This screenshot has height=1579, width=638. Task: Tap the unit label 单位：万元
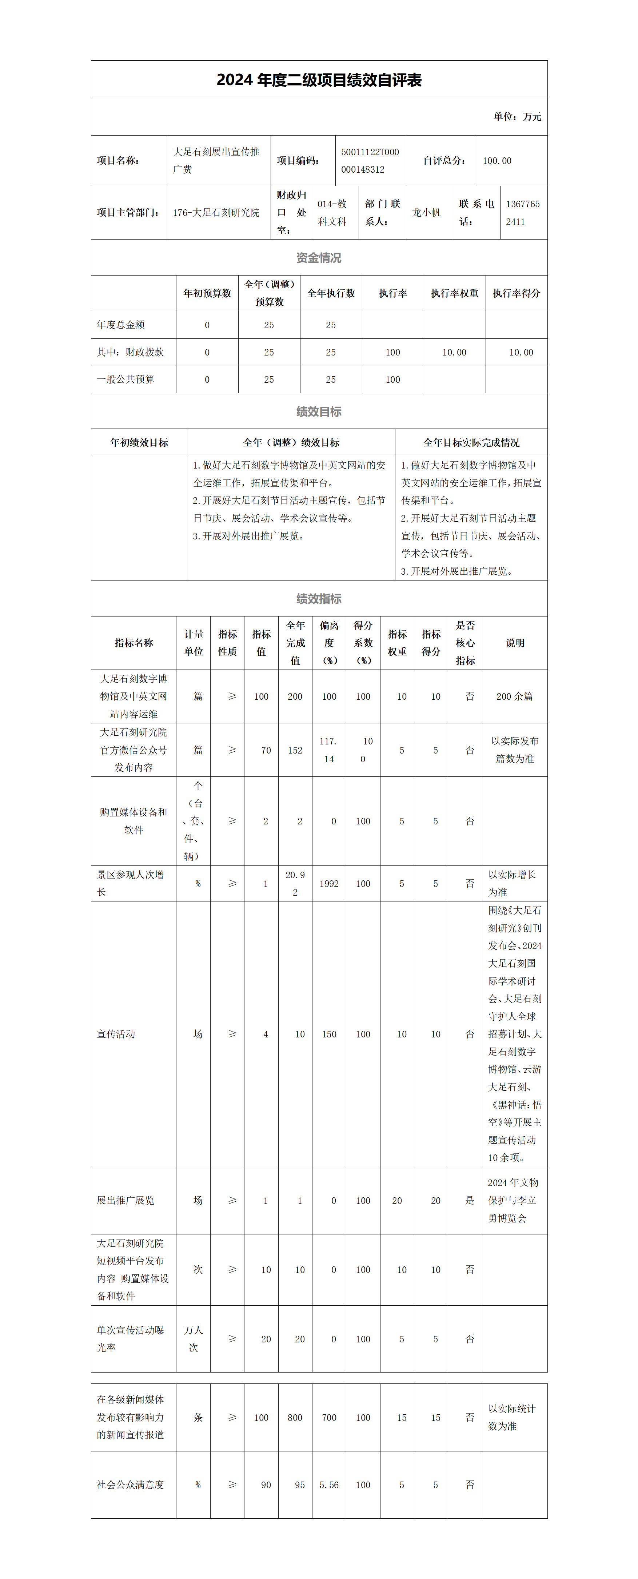tap(517, 116)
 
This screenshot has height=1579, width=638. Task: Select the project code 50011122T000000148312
tap(370, 161)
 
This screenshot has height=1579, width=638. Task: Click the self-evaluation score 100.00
tap(497, 161)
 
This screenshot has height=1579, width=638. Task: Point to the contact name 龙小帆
tap(426, 213)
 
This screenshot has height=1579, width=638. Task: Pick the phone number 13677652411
tap(523, 213)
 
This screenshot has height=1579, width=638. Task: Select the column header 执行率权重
tap(455, 293)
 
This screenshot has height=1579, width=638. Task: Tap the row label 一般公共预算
tap(126, 379)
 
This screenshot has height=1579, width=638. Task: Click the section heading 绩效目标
tap(319, 412)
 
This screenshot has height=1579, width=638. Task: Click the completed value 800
tap(295, 1418)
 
